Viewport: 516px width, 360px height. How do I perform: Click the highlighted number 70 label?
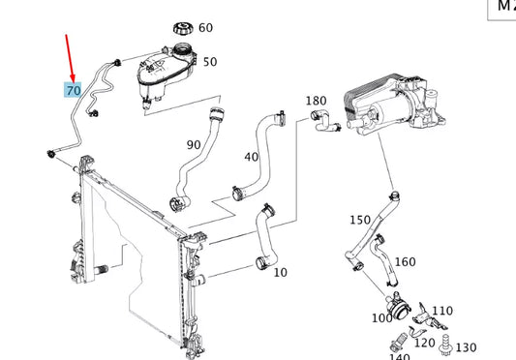pyautogui.click(x=74, y=90)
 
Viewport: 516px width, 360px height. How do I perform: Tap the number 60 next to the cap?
pyautogui.click(x=205, y=28)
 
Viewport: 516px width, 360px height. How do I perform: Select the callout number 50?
pyautogui.click(x=209, y=62)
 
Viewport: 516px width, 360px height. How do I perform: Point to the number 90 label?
pyautogui.click(x=193, y=145)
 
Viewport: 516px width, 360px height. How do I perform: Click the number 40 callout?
pyautogui.click(x=252, y=157)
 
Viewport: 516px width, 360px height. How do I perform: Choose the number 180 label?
pyautogui.click(x=316, y=101)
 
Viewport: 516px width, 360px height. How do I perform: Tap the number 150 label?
pyautogui.click(x=360, y=221)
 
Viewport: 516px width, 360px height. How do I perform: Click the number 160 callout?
pyautogui.click(x=405, y=261)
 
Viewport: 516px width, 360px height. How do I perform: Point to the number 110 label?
pyautogui.click(x=441, y=312)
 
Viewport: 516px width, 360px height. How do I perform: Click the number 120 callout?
pyautogui.click(x=424, y=343)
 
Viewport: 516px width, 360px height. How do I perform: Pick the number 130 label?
pyautogui.click(x=466, y=347)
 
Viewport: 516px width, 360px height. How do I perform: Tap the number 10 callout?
pyautogui.click(x=281, y=272)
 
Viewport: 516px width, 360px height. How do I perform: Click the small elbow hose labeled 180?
pyautogui.click(x=322, y=120)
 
